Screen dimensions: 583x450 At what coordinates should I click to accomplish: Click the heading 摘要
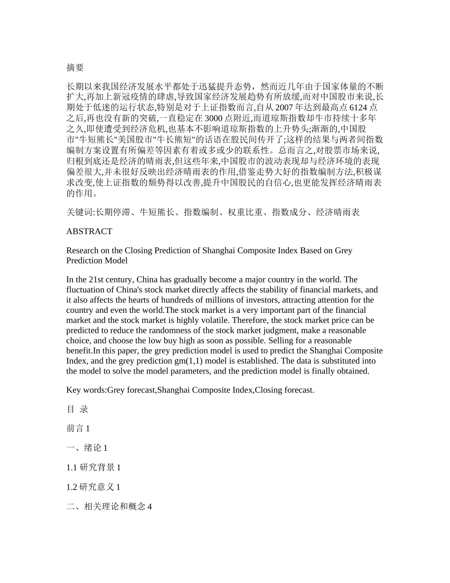click(x=75, y=68)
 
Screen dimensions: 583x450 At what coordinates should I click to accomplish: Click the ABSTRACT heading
click(x=89, y=231)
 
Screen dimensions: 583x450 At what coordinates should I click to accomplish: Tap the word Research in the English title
click(x=82, y=250)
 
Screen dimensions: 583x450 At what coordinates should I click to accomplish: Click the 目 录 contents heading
click(x=77, y=409)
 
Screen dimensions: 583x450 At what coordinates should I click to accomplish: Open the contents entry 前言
click(x=75, y=428)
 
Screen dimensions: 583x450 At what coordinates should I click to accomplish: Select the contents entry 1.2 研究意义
click(x=90, y=487)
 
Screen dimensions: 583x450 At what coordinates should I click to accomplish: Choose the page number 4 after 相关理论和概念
click(x=150, y=507)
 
